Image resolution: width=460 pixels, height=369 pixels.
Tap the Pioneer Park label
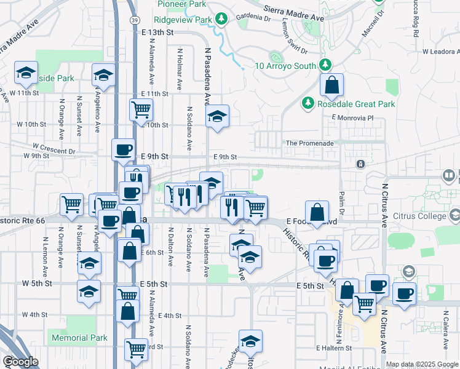[181, 4]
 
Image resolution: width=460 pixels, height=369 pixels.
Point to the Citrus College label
[421, 216]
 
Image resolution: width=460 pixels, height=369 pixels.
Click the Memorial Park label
[79, 338]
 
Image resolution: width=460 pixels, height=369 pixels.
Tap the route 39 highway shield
[133, 20]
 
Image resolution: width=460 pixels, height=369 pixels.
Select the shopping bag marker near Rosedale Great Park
[331, 87]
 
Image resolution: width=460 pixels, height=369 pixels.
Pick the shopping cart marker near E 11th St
[141, 109]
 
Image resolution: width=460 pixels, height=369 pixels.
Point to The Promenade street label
[310, 143]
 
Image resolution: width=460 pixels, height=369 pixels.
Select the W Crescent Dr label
[54, 148]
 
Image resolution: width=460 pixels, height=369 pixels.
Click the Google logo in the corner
[20, 362]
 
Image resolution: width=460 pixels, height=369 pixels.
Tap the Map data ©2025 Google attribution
[421, 364]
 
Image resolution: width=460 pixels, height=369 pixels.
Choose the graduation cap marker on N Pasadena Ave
[217, 117]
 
